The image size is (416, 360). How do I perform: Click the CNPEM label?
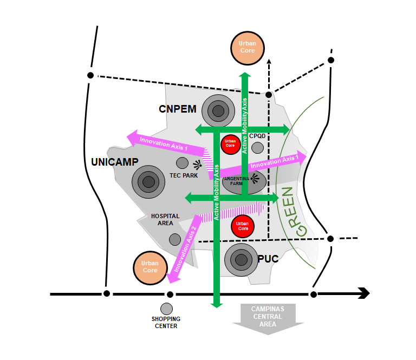click(178, 109)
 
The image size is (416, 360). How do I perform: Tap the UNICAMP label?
click(115, 162)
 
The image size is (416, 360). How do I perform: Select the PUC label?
click(268, 259)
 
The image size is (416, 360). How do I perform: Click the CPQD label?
click(257, 136)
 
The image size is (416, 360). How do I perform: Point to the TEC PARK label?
click(184, 175)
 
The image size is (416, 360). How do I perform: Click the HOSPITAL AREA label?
click(165, 220)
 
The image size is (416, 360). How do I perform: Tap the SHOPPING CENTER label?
click(166, 322)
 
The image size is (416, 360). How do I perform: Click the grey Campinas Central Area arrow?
click(268, 319)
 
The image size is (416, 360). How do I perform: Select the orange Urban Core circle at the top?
click(248, 48)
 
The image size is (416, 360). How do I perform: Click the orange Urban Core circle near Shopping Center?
click(150, 268)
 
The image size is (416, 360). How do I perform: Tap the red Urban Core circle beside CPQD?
click(231, 145)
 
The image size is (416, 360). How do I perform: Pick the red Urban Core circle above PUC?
click(243, 226)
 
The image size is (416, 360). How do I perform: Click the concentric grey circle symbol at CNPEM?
click(218, 111)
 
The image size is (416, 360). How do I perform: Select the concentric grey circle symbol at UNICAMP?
click(148, 182)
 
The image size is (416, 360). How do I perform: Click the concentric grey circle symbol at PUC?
click(241, 260)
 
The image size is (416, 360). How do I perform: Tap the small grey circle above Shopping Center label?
click(166, 309)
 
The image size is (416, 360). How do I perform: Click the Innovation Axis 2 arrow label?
click(185, 249)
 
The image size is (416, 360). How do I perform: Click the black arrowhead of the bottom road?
click(364, 293)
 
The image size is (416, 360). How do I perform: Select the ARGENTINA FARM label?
click(236, 181)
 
